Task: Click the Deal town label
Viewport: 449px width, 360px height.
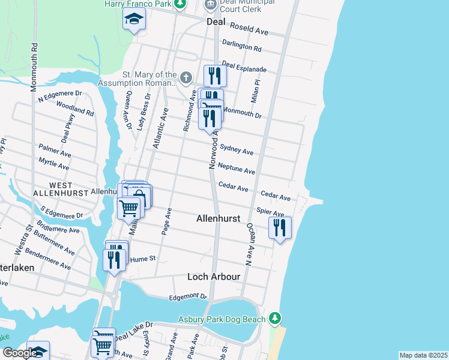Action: tap(215, 21)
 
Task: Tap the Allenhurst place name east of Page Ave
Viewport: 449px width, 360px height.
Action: tap(218, 220)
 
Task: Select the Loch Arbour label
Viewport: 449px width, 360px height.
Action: tap(214, 277)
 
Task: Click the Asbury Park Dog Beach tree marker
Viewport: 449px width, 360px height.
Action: tap(274, 317)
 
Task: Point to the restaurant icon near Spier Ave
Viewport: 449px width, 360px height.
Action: tap(280, 228)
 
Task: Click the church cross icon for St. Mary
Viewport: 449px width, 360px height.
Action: tap(186, 77)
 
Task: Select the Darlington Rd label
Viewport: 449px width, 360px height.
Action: tap(241, 46)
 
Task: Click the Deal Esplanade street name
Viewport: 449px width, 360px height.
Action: tap(244, 67)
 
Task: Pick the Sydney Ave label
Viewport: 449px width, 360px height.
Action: tap(237, 149)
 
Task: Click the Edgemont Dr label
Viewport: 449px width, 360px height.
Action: tap(188, 296)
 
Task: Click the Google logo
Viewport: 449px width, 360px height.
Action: tap(19, 353)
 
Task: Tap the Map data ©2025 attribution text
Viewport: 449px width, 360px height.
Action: tap(423, 355)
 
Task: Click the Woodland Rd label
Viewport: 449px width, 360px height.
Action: tap(75, 108)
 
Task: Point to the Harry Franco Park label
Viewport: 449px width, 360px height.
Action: tap(137, 4)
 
